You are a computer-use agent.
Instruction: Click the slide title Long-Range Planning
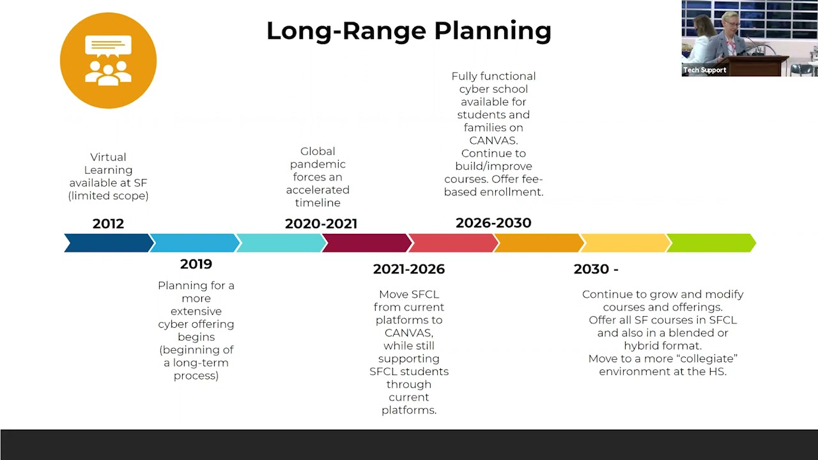click(x=408, y=31)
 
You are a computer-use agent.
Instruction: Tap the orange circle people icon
click(x=108, y=61)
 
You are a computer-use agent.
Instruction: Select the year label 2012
click(x=108, y=224)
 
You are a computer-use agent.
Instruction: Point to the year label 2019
click(x=196, y=264)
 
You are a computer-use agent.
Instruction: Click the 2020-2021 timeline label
click(x=321, y=224)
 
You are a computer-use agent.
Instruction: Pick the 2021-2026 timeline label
click(x=408, y=269)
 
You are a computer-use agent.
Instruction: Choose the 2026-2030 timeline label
click(x=493, y=223)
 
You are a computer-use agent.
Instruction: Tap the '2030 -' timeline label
click(x=596, y=269)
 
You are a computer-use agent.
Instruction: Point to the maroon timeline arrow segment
click(x=367, y=243)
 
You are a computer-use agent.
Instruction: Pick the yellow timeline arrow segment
click(x=625, y=243)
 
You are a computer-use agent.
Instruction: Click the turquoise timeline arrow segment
click(x=281, y=243)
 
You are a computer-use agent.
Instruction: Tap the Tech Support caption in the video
click(x=704, y=70)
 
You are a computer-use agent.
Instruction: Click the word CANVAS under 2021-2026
click(x=408, y=333)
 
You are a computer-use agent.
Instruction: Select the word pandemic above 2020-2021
click(x=318, y=164)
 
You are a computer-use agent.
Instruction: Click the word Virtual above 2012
click(x=108, y=157)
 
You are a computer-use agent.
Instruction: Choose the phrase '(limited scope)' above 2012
click(x=108, y=196)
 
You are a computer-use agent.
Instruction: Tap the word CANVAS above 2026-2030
click(x=493, y=141)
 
